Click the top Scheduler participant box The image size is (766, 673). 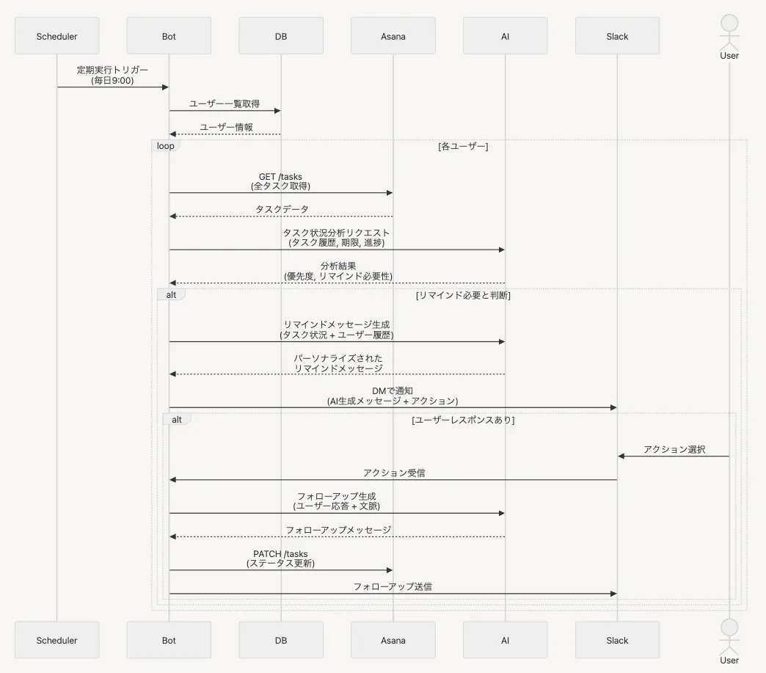56,36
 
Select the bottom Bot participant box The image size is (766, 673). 169,640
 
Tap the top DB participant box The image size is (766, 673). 281,36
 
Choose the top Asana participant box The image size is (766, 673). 393,36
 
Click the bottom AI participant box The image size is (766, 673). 505,640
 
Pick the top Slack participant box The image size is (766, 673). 617,36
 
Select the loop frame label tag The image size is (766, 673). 166,146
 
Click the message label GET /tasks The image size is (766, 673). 281,177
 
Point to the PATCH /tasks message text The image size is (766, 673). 281,554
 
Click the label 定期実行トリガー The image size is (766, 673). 112,70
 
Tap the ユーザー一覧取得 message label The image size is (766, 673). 225,104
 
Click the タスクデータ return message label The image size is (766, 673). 282,209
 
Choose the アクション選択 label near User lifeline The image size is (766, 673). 674,449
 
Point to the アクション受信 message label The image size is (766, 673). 393,473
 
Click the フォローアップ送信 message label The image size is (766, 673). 393,586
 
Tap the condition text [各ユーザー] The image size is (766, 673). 463,146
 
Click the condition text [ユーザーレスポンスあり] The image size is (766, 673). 463,420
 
